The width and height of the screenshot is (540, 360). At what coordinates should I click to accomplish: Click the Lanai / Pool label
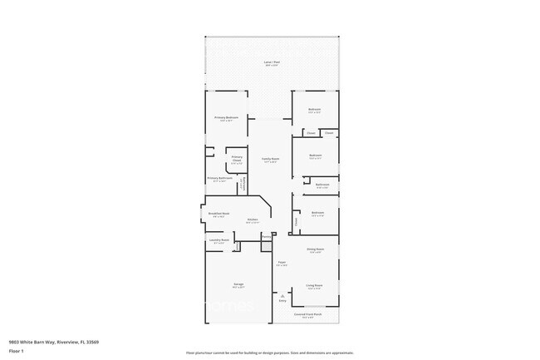pyautogui.click(x=272, y=62)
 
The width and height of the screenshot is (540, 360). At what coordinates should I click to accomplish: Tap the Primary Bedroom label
pyautogui.click(x=226, y=117)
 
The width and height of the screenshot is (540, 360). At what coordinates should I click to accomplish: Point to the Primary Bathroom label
pyautogui.click(x=219, y=178)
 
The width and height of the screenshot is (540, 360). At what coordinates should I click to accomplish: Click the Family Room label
pyautogui.click(x=270, y=159)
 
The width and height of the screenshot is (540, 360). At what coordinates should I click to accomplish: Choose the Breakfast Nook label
pyautogui.click(x=218, y=213)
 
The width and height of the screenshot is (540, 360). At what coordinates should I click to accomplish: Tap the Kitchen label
pyautogui.click(x=252, y=219)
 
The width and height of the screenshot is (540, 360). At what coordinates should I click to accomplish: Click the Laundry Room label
pyautogui.click(x=218, y=239)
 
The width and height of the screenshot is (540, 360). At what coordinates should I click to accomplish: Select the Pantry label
pyautogui.click(x=266, y=237)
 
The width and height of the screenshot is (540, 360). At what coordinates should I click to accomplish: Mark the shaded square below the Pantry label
pyautogui.click(x=266, y=247)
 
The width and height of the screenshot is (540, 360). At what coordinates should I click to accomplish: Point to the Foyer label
pyautogui.click(x=282, y=263)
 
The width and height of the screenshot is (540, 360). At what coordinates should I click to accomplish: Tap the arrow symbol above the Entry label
pyautogui.click(x=282, y=295)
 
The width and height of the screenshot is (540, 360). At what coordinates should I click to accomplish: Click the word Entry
pyautogui.click(x=282, y=301)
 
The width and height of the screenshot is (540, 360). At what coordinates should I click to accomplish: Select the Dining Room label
pyautogui.click(x=315, y=249)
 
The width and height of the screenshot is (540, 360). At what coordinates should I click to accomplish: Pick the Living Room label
pyautogui.click(x=313, y=285)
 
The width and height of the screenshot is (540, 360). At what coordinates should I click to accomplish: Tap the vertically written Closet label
pyautogui.click(x=295, y=221)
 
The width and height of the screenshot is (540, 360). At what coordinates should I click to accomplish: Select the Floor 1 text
pyautogui.click(x=16, y=351)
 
